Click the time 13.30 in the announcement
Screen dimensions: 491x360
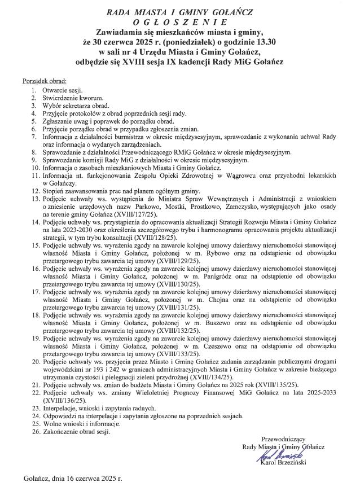click(262, 42)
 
